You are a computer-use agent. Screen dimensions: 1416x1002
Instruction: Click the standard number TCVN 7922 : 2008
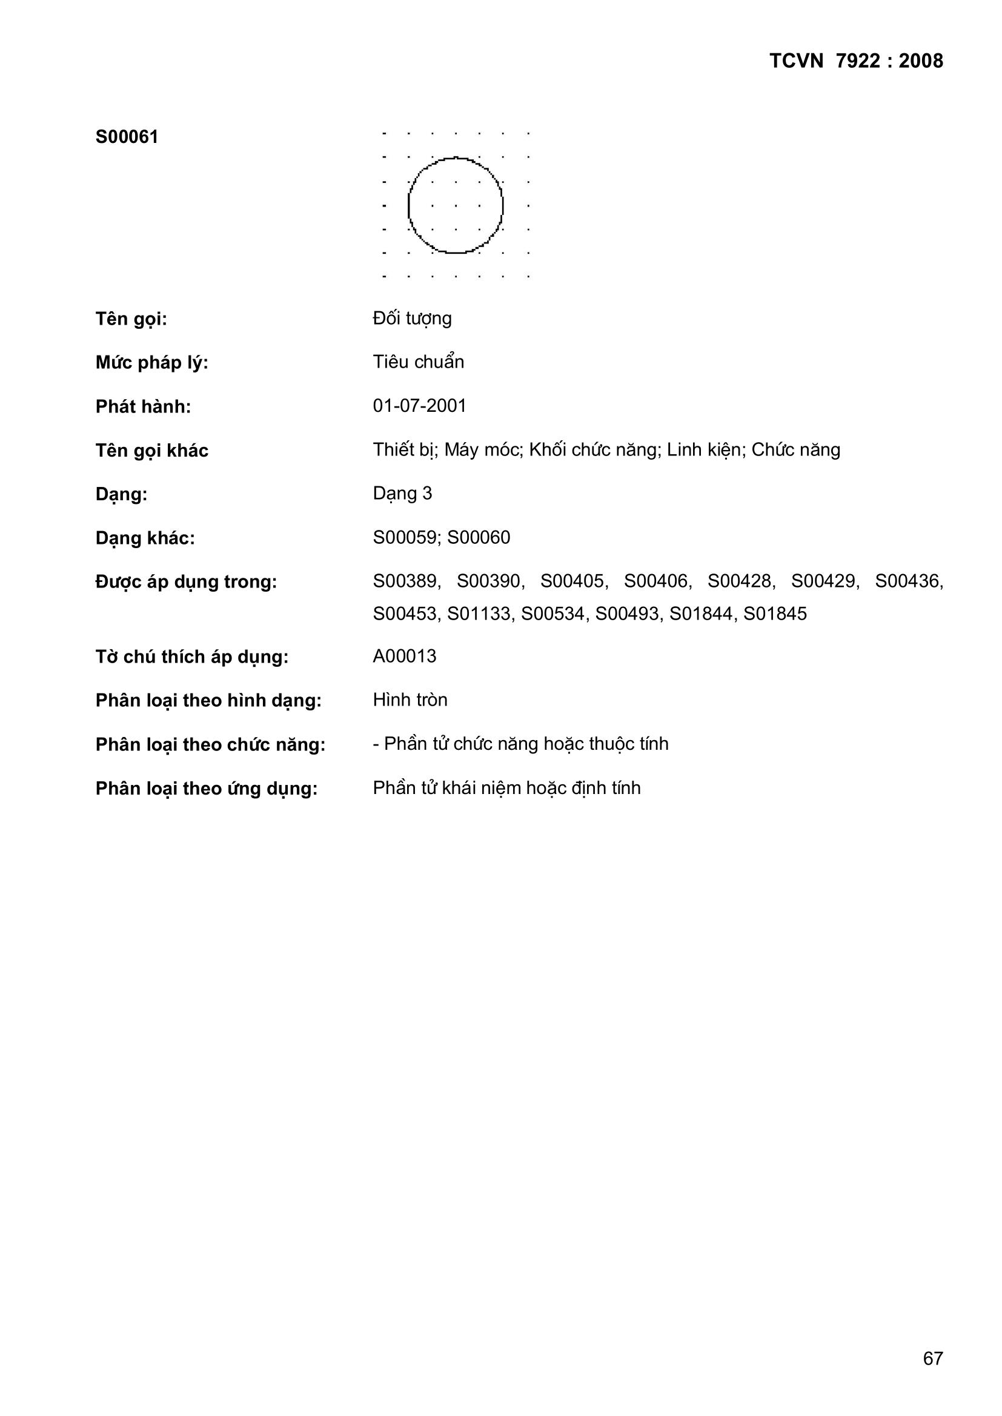coord(856,61)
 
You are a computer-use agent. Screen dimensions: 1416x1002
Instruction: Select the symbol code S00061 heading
coord(127,137)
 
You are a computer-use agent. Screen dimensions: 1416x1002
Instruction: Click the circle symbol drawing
coord(456,205)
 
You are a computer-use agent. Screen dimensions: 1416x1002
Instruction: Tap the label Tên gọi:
coord(131,319)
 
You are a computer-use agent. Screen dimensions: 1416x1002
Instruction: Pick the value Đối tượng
coord(412,319)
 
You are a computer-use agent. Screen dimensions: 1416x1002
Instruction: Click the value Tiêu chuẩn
coord(418,362)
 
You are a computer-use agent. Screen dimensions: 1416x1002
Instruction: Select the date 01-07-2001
coord(419,406)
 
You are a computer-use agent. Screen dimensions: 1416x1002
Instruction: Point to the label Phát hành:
coord(143,407)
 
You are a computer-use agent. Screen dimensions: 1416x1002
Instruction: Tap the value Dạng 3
coord(402,494)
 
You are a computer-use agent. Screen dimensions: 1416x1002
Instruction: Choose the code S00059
coord(404,538)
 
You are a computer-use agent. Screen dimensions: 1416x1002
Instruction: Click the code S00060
coord(478,538)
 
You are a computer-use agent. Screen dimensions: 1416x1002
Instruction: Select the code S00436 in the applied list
coord(908,581)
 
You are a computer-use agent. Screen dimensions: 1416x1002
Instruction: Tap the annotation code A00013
coord(404,656)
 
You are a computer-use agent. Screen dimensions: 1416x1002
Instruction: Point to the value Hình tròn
coord(410,700)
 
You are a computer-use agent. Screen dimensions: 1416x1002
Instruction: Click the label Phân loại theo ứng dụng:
coord(206,789)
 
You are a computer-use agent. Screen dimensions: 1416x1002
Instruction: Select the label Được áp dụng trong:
coord(186,582)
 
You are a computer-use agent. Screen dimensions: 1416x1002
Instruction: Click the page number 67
coord(932,1358)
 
